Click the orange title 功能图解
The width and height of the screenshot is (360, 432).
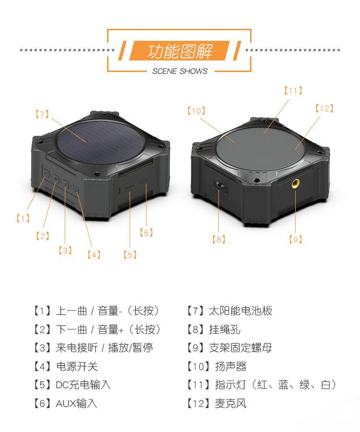coord(180,51)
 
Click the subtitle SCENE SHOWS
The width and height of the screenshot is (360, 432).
coord(180,72)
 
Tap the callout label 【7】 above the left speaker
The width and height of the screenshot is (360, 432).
coord(42,114)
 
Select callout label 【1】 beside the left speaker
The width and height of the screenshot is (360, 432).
coord(22,218)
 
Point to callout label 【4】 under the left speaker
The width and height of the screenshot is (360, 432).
coord(94,254)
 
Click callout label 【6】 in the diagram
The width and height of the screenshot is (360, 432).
coord(146,233)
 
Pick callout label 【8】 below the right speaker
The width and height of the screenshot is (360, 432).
coord(218,239)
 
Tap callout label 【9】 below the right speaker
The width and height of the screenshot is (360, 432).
coord(296,239)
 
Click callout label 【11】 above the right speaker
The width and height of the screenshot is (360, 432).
coord(293,91)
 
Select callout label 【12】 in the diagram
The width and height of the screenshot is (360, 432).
coord(324,108)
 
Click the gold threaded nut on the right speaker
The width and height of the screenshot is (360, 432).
coord(295,184)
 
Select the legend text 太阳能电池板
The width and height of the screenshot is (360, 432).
coord(240,311)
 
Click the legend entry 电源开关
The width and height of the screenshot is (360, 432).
coord(77,366)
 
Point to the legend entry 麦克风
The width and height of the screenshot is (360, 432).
coord(230,403)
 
